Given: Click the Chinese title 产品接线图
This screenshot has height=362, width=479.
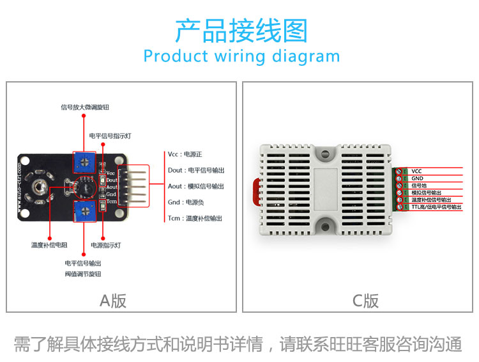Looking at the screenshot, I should (x=240, y=30).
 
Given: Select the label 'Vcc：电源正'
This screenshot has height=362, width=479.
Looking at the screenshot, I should (x=185, y=154).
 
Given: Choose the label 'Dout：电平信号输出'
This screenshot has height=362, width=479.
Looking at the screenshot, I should (x=196, y=170).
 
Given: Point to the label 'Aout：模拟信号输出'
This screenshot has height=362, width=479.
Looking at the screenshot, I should (x=196, y=186).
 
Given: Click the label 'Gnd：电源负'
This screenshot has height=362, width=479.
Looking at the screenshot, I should (x=186, y=202).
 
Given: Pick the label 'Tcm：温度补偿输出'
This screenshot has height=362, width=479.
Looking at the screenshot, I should (x=195, y=218).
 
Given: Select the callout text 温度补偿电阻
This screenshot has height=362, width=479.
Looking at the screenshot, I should (x=49, y=245).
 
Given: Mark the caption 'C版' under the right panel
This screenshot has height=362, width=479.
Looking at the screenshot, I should (x=366, y=301).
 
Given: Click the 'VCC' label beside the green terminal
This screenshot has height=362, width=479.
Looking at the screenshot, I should (x=417, y=171).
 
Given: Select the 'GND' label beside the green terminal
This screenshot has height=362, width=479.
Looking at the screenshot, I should (x=417, y=178).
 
